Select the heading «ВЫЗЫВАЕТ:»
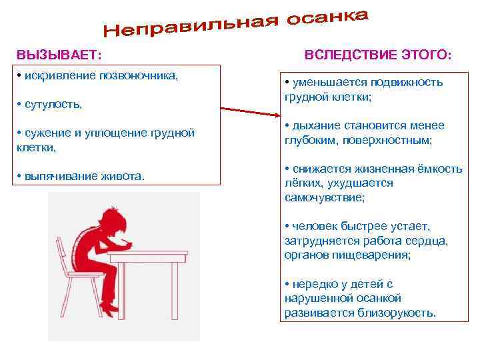(59, 54)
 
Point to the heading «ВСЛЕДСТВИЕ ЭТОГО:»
(378, 54)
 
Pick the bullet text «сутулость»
(53, 105)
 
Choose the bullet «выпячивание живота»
(83, 176)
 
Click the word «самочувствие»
(325, 198)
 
